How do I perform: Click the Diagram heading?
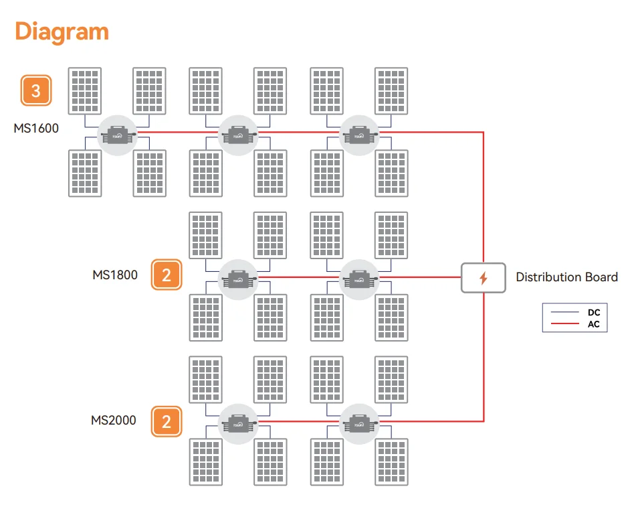click(x=62, y=32)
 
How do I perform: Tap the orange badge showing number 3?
click(x=36, y=90)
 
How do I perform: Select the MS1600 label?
click(x=36, y=129)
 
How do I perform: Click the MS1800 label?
click(x=115, y=275)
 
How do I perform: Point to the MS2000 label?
click(x=114, y=420)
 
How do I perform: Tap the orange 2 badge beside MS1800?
click(x=167, y=275)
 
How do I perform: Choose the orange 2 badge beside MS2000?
click(x=167, y=422)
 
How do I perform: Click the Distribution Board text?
click(x=566, y=277)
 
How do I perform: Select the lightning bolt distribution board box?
click(x=484, y=278)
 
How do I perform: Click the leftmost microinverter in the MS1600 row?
click(x=117, y=135)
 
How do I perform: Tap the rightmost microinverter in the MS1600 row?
click(x=359, y=135)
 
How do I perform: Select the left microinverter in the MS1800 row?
click(x=238, y=279)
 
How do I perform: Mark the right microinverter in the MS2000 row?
click(x=359, y=424)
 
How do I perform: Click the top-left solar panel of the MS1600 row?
click(x=85, y=91)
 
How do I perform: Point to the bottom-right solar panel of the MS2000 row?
click(x=391, y=461)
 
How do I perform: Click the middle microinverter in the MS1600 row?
click(x=238, y=135)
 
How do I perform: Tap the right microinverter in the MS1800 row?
click(x=359, y=279)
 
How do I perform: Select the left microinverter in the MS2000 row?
click(x=238, y=424)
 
